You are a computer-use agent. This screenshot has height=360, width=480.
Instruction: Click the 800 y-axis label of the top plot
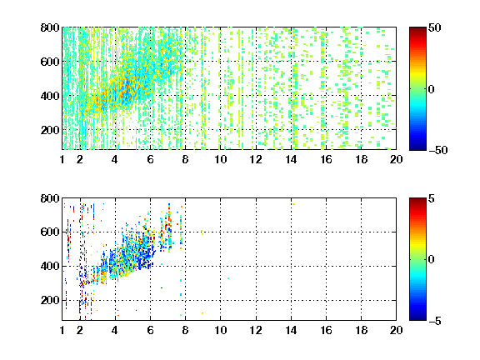(x=50, y=27)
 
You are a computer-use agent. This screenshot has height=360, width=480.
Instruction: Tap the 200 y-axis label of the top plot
(x=50, y=130)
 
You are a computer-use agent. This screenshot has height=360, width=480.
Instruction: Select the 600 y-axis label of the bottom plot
(x=50, y=232)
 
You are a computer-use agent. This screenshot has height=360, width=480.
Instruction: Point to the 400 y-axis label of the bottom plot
(x=50, y=266)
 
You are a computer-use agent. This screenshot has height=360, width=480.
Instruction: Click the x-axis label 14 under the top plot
(x=291, y=159)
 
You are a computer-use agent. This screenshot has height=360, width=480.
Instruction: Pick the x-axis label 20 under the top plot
(x=396, y=159)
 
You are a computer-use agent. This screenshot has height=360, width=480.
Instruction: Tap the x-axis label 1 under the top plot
(x=62, y=159)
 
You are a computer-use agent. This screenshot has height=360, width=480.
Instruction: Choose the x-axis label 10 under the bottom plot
(x=221, y=330)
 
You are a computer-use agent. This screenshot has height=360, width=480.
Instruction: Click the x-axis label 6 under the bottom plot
(x=150, y=330)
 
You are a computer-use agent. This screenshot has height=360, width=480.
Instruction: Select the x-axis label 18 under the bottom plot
(x=361, y=330)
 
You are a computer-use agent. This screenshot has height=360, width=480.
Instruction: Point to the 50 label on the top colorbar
(x=435, y=27)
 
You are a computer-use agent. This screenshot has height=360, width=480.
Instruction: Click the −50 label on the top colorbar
(x=438, y=150)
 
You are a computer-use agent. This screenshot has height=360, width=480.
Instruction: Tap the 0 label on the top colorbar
(x=432, y=89)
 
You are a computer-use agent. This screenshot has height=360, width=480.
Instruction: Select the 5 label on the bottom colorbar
(x=432, y=198)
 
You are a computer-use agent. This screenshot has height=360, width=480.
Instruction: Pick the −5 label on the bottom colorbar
(x=435, y=321)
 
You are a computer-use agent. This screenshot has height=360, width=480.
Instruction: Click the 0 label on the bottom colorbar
(x=432, y=260)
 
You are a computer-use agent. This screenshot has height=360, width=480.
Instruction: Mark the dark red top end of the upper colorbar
(x=417, y=28)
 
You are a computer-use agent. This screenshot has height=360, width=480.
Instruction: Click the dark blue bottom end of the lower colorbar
(x=417, y=319)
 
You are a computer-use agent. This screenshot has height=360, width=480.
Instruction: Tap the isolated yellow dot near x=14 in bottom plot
(x=293, y=204)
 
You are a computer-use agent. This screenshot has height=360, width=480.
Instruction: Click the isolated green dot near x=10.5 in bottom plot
(x=228, y=278)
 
